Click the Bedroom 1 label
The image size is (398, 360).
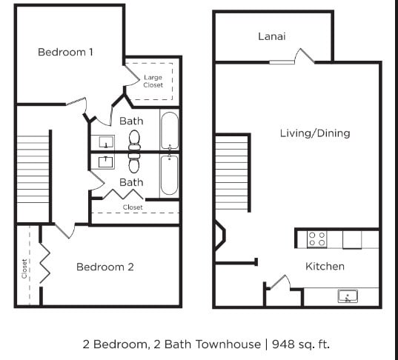[x=65, y=52]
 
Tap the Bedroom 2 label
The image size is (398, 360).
[x=105, y=267]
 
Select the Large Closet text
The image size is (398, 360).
[x=153, y=81]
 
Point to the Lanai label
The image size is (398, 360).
[x=271, y=36]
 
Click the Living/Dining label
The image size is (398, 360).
[x=314, y=133]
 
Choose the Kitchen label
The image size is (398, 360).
[x=325, y=266]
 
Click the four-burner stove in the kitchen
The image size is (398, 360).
[x=316, y=239]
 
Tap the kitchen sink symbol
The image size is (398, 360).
[x=347, y=297]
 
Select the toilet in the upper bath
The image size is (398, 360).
[x=134, y=139]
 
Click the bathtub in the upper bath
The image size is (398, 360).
[x=169, y=130]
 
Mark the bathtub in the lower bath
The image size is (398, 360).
[x=169, y=175]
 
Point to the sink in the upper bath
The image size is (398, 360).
[x=105, y=141]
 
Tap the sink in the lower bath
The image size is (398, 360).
[x=105, y=161]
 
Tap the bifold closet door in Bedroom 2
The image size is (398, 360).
[x=44, y=263]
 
